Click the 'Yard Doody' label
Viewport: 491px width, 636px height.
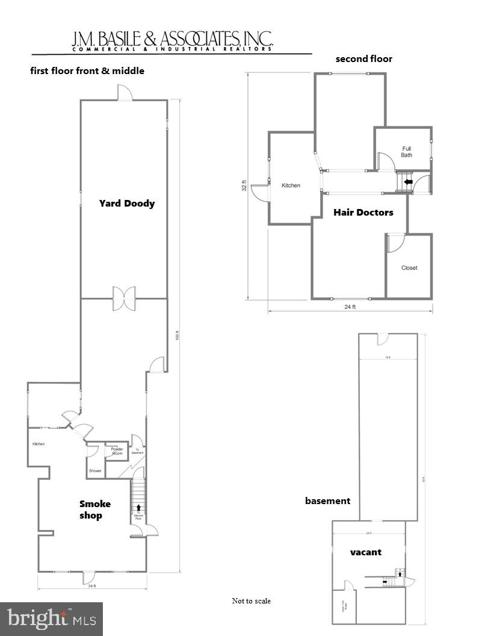(x=126, y=204)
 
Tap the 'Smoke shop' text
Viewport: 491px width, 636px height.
(x=94, y=510)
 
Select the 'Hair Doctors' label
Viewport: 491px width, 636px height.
(x=363, y=212)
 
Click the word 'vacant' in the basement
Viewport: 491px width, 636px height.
(x=366, y=552)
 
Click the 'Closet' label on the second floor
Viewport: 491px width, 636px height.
(x=409, y=268)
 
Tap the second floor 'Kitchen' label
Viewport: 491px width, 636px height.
(x=291, y=185)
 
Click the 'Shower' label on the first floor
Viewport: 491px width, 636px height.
(x=95, y=471)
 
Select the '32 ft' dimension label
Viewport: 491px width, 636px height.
(x=244, y=187)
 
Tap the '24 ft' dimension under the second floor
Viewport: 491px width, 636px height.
(x=350, y=307)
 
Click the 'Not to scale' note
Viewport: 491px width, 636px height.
(x=251, y=601)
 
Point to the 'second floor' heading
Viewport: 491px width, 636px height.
(x=363, y=59)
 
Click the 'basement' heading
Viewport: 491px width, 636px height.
(x=327, y=500)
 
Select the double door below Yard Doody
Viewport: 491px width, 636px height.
(x=124, y=299)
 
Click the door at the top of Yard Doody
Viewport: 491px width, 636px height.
(x=125, y=93)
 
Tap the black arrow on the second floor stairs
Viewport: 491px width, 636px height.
(x=409, y=181)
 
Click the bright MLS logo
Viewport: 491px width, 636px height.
(x=51, y=619)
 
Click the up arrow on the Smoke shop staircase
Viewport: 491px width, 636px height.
(x=138, y=508)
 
